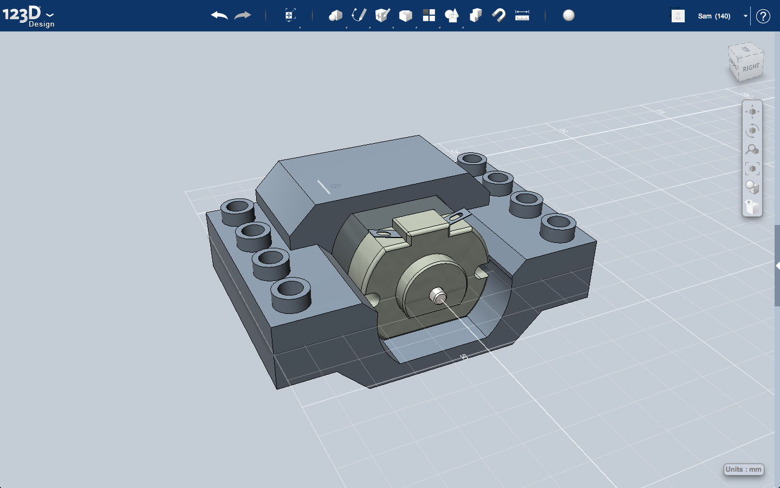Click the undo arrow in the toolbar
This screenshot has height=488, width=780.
219,16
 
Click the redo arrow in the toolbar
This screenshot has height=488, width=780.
243,16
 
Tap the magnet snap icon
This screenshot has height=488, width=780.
498,15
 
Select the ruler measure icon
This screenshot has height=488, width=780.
522,15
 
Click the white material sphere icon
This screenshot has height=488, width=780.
569,15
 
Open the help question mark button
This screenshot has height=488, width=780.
763,16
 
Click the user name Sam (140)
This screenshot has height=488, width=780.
714,16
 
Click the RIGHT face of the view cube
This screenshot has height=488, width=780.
751,68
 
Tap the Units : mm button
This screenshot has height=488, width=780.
744,470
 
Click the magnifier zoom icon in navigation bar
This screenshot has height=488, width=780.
752,149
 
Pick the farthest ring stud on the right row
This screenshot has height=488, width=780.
472,162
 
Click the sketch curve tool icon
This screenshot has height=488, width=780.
359,15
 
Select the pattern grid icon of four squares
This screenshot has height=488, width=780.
429,15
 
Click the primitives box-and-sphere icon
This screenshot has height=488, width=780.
335,15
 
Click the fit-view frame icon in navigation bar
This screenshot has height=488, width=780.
752,169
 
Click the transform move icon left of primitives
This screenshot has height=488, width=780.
290,15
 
